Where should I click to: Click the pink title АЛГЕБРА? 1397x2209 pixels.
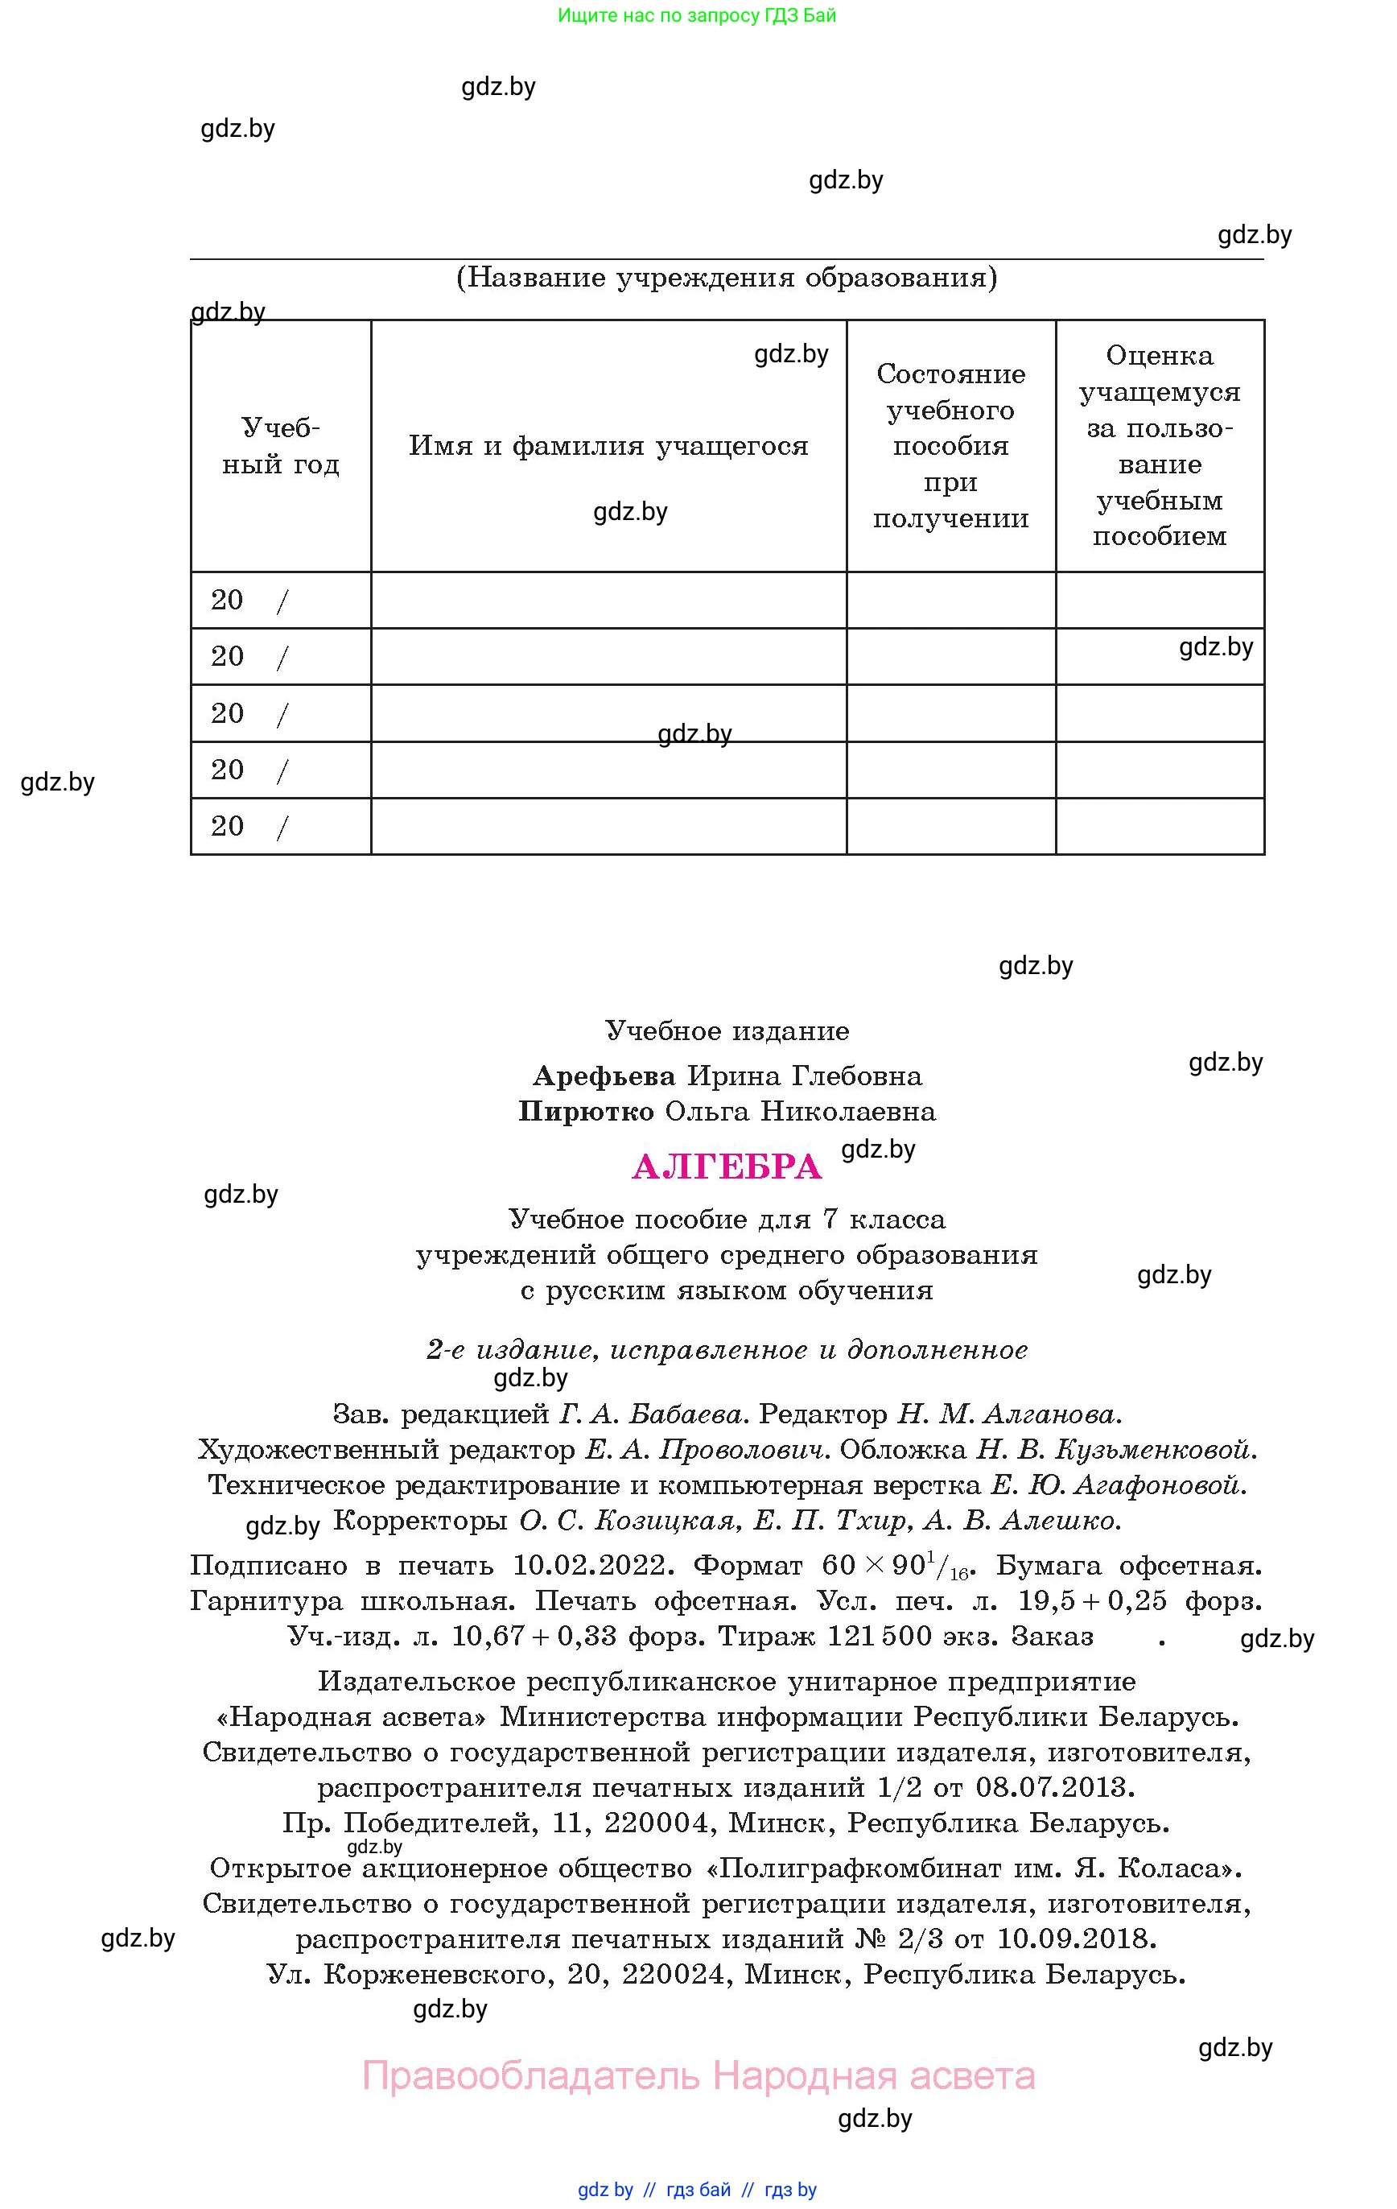click(727, 1166)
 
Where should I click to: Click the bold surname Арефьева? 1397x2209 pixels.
click(604, 1076)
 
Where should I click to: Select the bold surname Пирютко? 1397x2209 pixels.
click(586, 1112)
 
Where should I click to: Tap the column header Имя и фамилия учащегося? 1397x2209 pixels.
click(608, 446)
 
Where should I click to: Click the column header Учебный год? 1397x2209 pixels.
click(281, 446)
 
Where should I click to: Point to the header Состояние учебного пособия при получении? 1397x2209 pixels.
click(950, 446)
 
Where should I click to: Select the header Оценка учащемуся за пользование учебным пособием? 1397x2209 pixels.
click(1160, 446)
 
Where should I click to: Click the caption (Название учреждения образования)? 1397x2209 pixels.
click(727, 277)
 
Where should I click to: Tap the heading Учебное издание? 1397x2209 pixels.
click(727, 1031)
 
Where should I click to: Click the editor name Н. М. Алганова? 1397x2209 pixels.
click(1009, 1414)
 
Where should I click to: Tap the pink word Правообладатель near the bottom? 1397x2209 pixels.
click(531, 2075)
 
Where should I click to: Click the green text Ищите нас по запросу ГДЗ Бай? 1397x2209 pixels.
click(697, 15)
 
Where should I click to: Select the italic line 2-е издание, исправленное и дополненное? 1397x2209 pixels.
click(727, 1350)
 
